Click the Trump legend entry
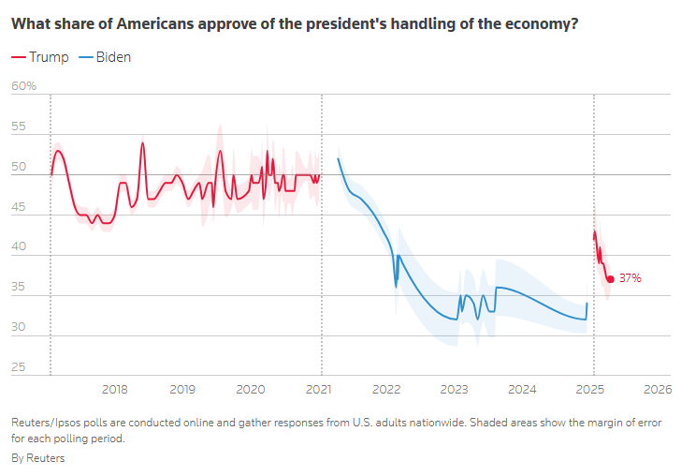click(x=40, y=57)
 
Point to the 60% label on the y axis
click(x=23, y=86)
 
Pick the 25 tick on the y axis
click(x=18, y=367)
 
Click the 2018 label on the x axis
click(x=114, y=389)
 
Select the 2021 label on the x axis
click(x=319, y=389)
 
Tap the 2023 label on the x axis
click(x=455, y=389)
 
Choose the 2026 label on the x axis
click(x=659, y=389)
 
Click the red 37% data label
click(x=630, y=278)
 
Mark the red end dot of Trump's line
click(x=611, y=278)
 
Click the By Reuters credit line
click(x=38, y=458)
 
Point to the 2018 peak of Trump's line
click(x=143, y=142)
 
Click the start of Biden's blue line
click(x=338, y=158)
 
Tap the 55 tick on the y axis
click(x=18, y=126)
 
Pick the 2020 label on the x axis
click(x=250, y=389)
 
